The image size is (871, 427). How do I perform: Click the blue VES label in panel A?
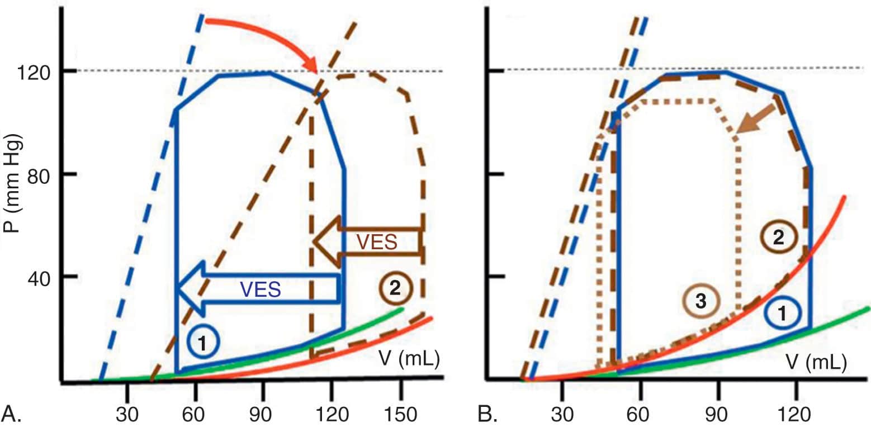coord(260,289)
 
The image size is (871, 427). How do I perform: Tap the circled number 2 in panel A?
coord(395,288)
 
